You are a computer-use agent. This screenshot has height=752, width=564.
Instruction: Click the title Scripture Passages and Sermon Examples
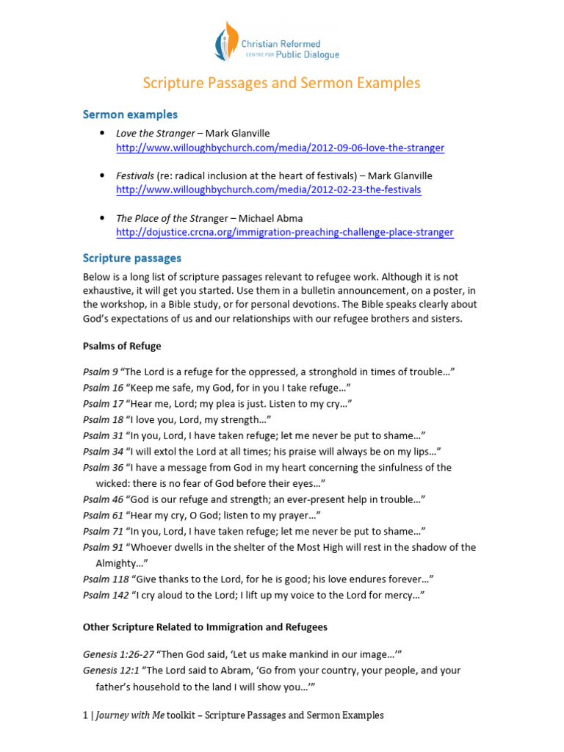[x=281, y=83]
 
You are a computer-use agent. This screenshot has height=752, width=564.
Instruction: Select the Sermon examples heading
[x=130, y=115]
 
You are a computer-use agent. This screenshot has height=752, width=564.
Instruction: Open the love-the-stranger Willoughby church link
[x=280, y=148]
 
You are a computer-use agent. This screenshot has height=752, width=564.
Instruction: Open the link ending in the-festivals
[x=269, y=189]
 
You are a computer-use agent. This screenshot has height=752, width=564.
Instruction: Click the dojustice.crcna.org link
[x=285, y=232]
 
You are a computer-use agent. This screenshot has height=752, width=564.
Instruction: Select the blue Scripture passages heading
[x=132, y=258]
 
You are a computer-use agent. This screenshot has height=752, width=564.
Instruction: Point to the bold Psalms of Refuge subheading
[x=122, y=346]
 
